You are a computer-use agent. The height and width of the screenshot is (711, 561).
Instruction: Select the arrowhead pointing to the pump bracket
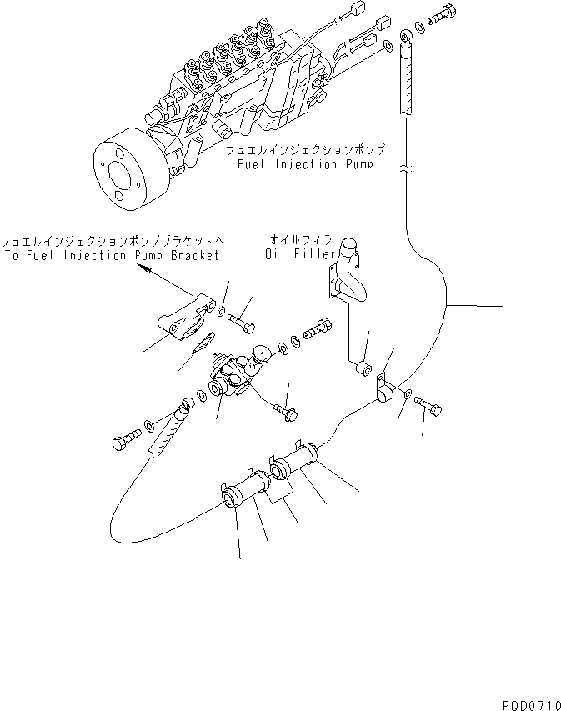[143, 270]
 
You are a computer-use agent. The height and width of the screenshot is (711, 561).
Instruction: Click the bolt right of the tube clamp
[428, 407]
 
